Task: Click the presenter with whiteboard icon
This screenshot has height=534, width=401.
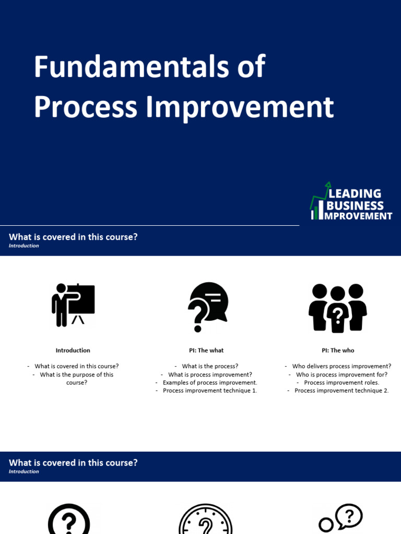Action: (x=73, y=305)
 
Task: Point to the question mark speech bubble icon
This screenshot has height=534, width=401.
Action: (x=207, y=307)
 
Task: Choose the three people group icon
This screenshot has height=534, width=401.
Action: (x=338, y=308)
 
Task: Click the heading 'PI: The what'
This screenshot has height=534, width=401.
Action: (x=206, y=350)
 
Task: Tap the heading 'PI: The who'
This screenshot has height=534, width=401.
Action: (x=338, y=350)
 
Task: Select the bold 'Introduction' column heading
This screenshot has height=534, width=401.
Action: (x=73, y=350)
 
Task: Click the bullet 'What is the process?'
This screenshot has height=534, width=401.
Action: (x=210, y=366)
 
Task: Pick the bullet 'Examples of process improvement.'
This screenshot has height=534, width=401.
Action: (x=210, y=382)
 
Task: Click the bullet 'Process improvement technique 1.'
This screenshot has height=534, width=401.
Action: (x=210, y=391)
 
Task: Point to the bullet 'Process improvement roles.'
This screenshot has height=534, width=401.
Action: (x=341, y=382)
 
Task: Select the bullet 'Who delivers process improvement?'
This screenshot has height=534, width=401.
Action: (x=341, y=366)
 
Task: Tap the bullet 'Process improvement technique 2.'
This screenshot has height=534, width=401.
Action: (x=341, y=391)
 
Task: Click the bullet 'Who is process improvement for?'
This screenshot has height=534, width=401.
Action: (x=341, y=374)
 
